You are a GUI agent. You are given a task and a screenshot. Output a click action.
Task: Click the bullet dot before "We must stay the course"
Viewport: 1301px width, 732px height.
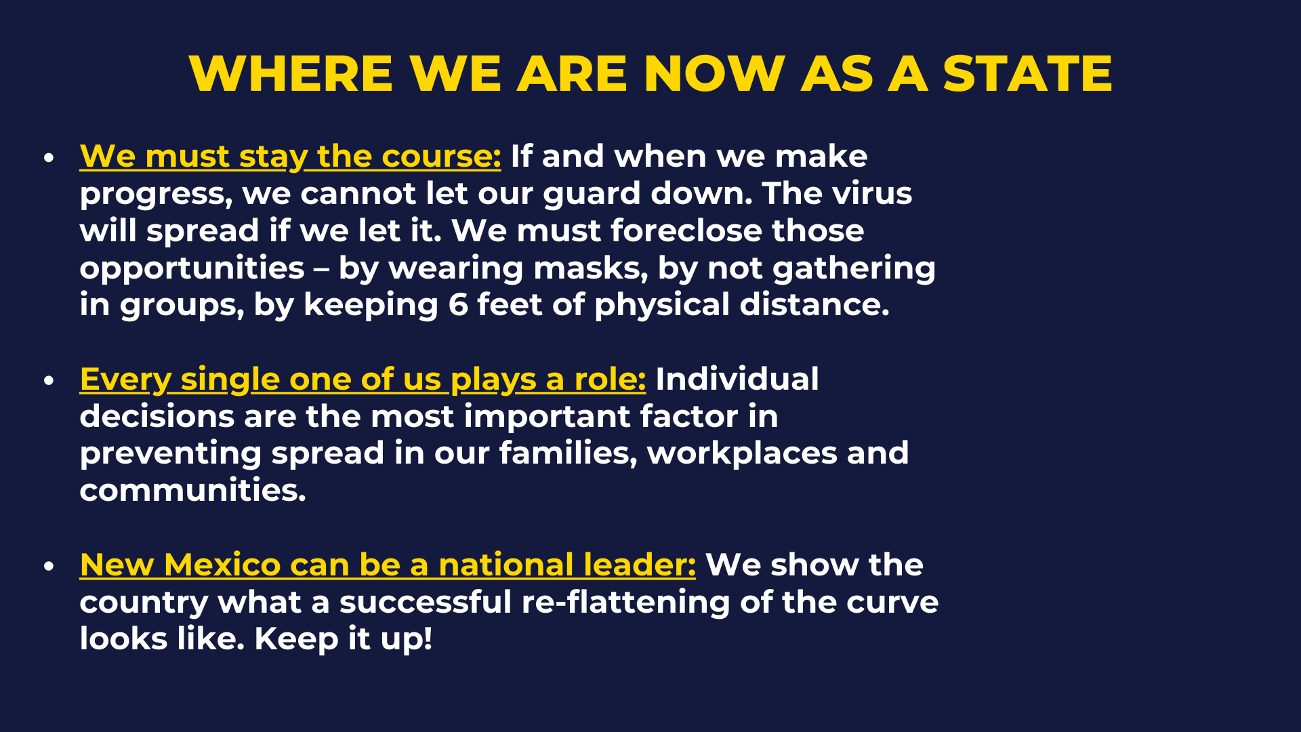48,158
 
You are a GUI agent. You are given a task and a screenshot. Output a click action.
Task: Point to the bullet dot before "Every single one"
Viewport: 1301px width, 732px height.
48,381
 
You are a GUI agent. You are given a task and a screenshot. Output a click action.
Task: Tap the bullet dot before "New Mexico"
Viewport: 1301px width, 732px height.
48,567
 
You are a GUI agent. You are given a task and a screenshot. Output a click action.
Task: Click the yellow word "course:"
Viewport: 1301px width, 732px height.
441,157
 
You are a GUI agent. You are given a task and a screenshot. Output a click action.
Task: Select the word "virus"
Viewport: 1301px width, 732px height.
872,194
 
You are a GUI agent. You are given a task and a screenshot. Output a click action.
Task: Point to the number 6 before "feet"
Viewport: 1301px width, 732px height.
458,305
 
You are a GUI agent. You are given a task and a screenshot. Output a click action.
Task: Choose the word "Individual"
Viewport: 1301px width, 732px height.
737,379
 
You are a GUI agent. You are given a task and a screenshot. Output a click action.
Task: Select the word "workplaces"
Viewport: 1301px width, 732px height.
742,454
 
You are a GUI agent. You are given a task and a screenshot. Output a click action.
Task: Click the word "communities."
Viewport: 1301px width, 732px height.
192,491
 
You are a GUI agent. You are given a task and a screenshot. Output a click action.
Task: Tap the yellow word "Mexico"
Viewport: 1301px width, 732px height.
222,565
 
